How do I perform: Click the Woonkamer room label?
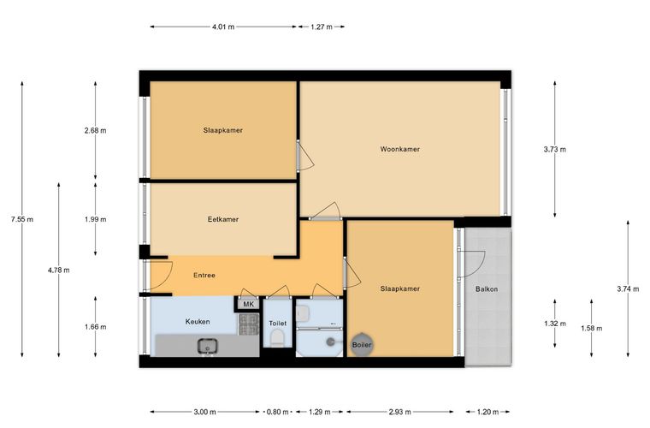click(399, 149)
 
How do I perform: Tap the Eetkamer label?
click(223, 219)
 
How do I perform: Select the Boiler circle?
click(362, 344)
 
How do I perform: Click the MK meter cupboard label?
click(248, 305)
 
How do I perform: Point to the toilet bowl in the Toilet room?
click(275, 338)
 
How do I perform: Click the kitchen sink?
click(207, 346)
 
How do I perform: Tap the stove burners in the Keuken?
click(248, 324)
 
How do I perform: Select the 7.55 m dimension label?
click(22, 219)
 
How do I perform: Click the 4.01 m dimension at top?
click(223, 27)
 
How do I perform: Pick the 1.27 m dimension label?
click(322, 27)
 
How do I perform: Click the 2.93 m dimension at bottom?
click(399, 412)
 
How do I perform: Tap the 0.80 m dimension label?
click(277, 412)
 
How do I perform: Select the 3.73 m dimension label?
click(555, 149)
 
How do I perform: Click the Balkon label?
click(487, 289)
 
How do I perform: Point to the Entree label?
click(204, 275)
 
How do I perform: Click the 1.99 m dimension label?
click(95, 219)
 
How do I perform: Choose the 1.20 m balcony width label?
click(487, 412)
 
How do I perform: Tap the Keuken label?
click(198, 321)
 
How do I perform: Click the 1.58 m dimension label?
click(591, 328)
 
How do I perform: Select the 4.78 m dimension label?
click(58, 270)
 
